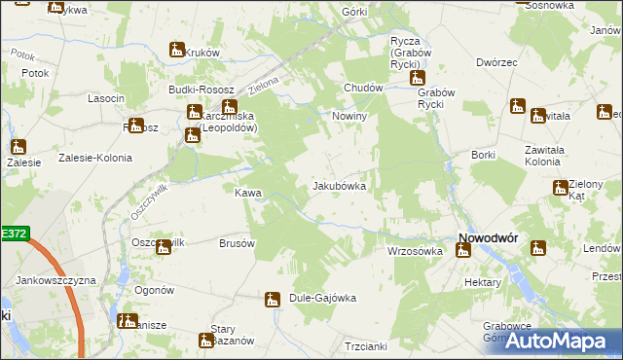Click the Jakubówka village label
click(x=339, y=186)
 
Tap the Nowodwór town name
click(x=488, y=237)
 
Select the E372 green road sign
click(x=15, y=234)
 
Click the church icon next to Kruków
click(x=177, y=50)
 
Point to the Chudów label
click(x=362, y=88)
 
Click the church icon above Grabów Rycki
click(x=418, y=78)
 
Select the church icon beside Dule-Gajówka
click(x=273, y=299)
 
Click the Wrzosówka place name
click(x=415, y=251)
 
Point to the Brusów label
click(x=237, y=243)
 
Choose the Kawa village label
click(x=247, y=193)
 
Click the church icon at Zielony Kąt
click(x=560, y=188)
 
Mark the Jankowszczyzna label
click(x=56, y=280)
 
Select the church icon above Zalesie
click(x=18, y=148)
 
